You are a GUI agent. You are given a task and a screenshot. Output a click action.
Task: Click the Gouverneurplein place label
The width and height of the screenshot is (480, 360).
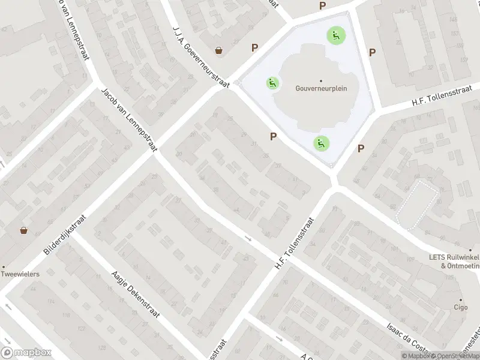[x=320, y=88]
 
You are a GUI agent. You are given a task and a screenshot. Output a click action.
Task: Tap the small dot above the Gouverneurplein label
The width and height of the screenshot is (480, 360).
[x=320, y=80]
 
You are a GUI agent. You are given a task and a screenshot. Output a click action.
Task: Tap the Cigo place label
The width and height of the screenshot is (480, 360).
[x=461, y=307]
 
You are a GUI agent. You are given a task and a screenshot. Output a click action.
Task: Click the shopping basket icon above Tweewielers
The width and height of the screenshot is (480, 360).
[x=24, y=230]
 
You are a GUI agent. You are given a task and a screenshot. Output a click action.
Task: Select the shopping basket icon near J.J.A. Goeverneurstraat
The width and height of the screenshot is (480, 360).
[x=220, y=50]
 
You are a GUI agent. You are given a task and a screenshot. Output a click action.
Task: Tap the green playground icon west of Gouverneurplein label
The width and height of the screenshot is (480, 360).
[x=272, y=83]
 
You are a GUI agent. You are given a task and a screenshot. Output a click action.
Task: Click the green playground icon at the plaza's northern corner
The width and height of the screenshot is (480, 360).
[x=334, y=35]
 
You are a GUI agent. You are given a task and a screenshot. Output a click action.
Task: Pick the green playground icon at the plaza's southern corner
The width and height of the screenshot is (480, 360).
[x=321, y=143]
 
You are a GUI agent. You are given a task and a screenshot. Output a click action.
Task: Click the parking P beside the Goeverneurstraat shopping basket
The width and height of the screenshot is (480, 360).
[x=255, y=47]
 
